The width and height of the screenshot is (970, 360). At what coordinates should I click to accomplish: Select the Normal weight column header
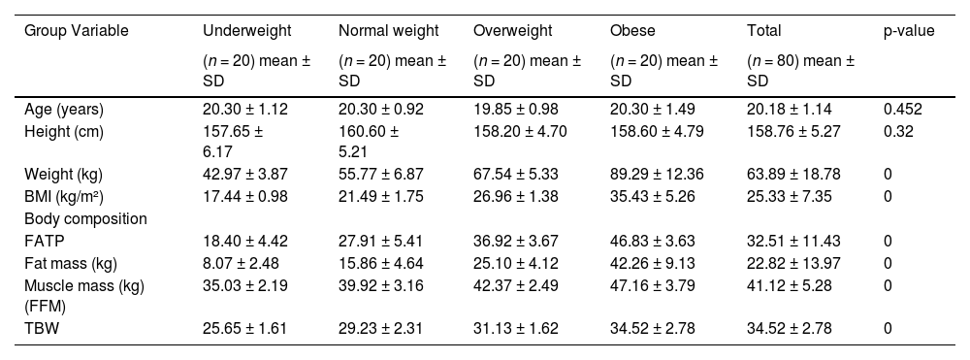(388, 31)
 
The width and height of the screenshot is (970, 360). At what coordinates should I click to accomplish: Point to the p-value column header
(908, 31)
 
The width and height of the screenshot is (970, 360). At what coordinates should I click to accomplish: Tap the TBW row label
(40, 329)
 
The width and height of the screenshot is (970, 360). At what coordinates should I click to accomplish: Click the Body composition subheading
(85, 219)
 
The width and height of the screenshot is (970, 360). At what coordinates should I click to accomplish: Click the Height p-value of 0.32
(898, 130)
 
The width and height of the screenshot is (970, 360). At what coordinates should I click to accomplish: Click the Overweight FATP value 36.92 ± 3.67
(516, 242)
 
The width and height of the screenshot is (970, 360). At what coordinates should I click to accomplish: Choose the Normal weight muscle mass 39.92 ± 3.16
(381, 285)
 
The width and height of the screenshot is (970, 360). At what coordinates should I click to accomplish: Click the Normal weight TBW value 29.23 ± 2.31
(381, 329)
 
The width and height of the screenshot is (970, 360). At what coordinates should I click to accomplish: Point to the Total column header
(763, 31)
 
